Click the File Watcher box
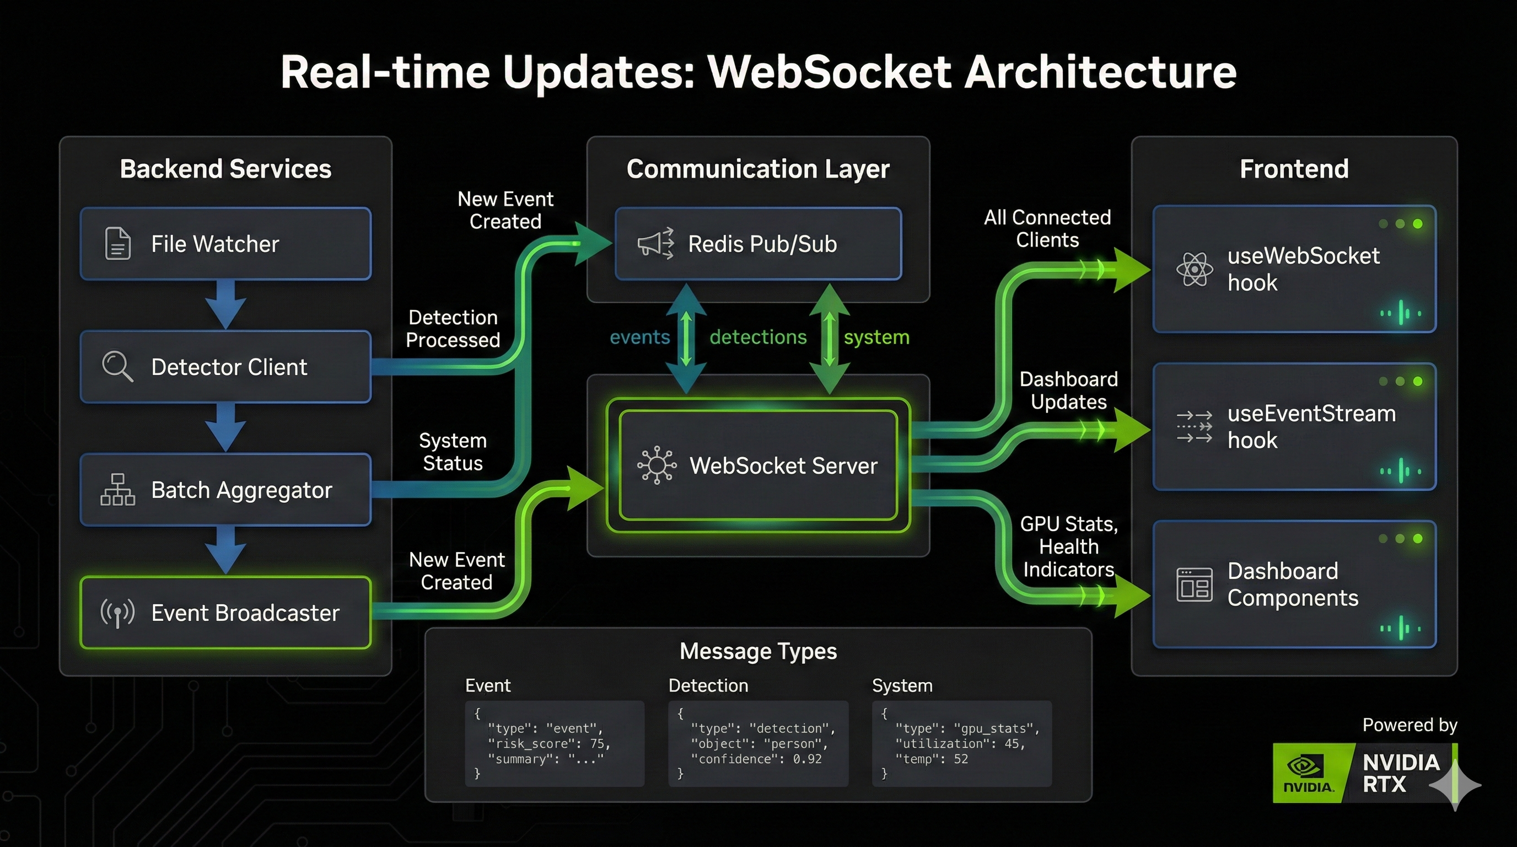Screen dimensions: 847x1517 coord(225,243)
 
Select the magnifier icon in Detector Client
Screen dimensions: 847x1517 coord(117,366)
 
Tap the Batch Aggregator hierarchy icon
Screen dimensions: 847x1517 coord(117,490)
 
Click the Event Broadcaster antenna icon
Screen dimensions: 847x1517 coord(117,613)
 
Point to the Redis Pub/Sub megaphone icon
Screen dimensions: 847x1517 coord(655,243)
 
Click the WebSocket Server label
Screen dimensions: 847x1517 coord(783,466)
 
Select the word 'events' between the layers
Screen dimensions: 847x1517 coord(639,337)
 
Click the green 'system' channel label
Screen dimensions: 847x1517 coord(876,337)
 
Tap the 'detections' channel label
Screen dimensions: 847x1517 coord(758,337)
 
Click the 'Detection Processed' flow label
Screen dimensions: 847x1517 coord(453,329)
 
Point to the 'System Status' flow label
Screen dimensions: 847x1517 coord(453,452)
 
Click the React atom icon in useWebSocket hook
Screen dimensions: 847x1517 coord(1195,269)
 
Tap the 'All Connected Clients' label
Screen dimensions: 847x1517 coord(1047,228)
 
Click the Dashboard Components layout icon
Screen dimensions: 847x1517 coord(1195,585)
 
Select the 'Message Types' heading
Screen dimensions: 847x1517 coord(758,651)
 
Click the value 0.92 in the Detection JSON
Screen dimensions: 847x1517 coord(807,759)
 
